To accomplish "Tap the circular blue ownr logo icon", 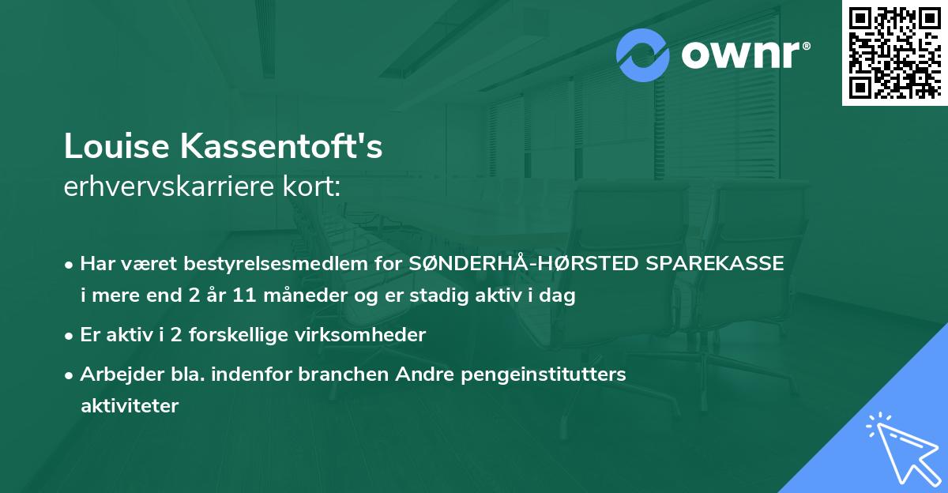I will [x=642, y=55].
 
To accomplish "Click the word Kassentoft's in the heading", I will [x=281, y=146].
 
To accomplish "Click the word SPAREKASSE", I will [x=715, y=264].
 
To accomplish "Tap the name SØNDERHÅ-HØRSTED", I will [x=525, y=264].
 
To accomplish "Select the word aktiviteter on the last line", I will [x=130, y=406].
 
